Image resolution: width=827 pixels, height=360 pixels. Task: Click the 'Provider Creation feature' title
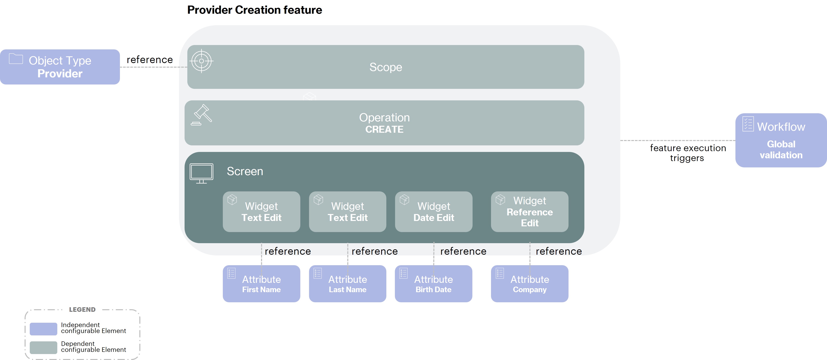(254, 10)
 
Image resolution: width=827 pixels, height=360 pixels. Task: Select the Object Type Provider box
(60, 67)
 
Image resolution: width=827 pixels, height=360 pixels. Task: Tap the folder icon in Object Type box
(16, 59)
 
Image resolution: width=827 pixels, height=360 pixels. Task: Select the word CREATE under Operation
(384, 129)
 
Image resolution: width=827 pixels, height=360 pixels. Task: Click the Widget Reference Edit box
(529, 212)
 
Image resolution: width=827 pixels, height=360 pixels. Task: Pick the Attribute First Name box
(261, 284)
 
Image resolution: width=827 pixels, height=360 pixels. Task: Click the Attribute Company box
(529, 284)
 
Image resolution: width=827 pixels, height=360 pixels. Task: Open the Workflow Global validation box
(781, 140)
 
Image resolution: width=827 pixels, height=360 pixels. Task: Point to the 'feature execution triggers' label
(688, 153)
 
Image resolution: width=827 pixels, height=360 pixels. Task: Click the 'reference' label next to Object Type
(150, 60)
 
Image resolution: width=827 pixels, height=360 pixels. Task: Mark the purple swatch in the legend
(43, 328)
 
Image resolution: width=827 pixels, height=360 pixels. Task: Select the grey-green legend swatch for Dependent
(43, 348)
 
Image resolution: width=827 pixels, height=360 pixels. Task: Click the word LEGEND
(82, 310)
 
